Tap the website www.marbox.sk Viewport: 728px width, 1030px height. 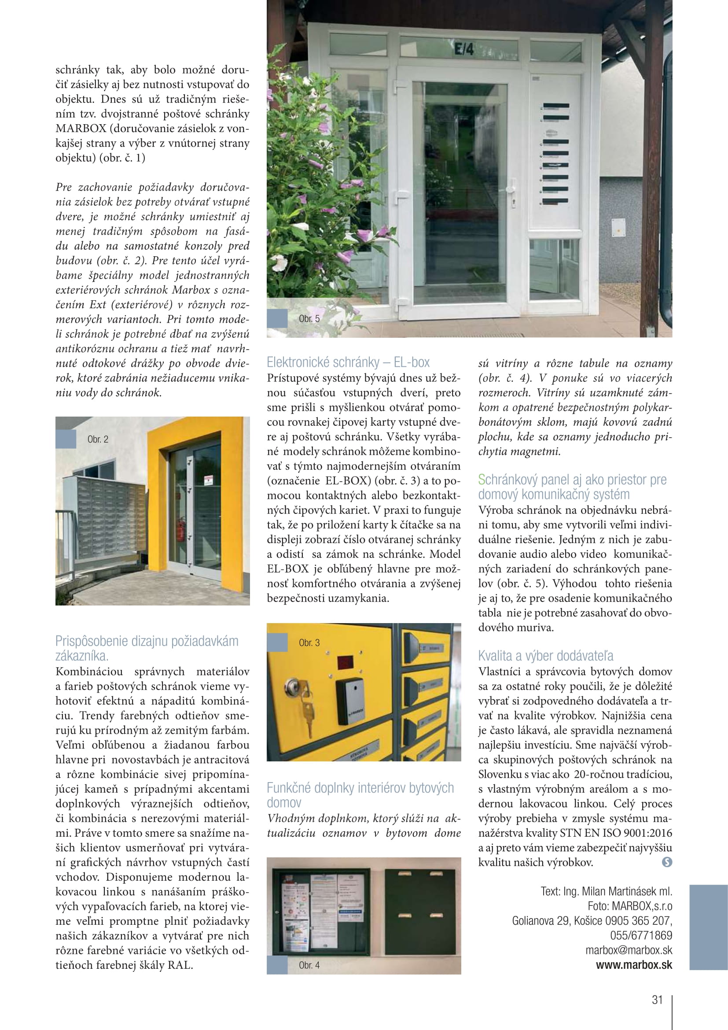point(634,965)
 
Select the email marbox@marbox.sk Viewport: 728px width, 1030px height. point(629,950)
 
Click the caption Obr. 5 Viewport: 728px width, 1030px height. point(309,319)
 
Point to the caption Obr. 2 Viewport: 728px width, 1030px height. point(98,439)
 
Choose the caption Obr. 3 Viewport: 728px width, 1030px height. point(309,643)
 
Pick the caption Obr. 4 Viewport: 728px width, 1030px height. point(309,965)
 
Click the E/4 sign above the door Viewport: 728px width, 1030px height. point(464,49)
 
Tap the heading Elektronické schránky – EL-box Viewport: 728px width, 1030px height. point(348,362)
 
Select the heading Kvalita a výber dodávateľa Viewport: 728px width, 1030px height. point(545,656)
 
